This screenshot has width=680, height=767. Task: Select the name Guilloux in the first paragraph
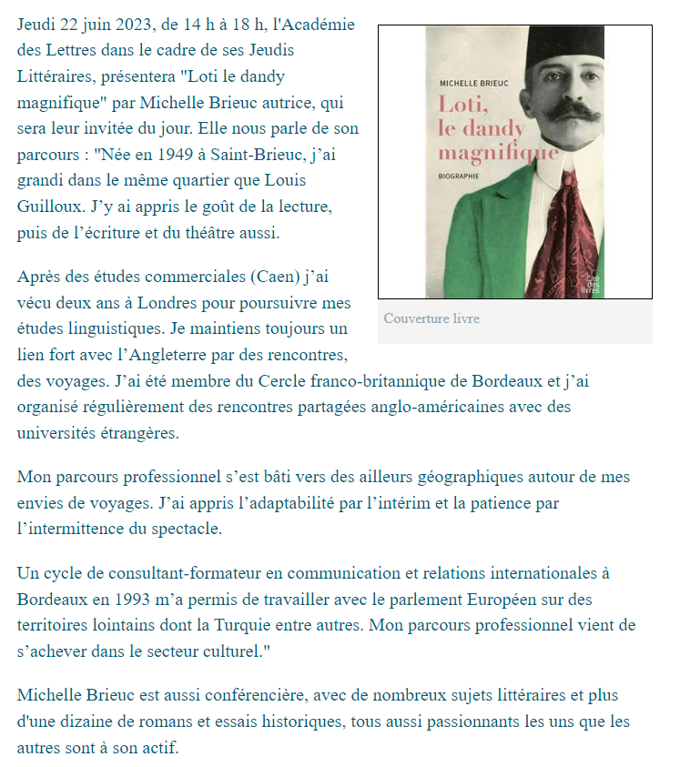(x=47, y=207)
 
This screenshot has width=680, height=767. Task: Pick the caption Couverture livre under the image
(x=431, y=318)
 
